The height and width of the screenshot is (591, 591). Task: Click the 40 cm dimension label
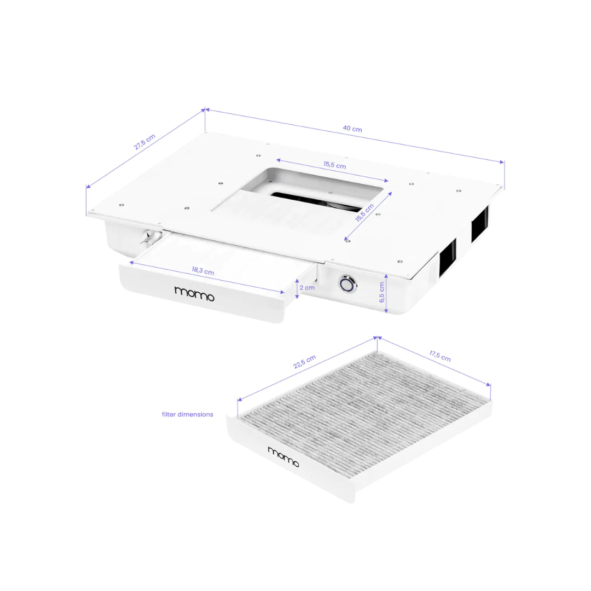tap(352, 129)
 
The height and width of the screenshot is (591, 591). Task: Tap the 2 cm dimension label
tap(306, 287)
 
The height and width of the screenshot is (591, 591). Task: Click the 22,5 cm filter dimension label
tap(304, 362)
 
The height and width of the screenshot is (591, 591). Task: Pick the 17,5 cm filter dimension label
tap(439, 356)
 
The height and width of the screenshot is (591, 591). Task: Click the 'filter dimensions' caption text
tap(187, 414)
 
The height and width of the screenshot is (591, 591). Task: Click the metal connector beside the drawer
tap(150, 238)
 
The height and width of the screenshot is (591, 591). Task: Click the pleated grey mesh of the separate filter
tap(361, 405)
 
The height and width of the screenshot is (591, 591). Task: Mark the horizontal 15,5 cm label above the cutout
tap(334, 165)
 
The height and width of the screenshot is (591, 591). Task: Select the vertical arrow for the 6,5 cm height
tap(387, 294)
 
